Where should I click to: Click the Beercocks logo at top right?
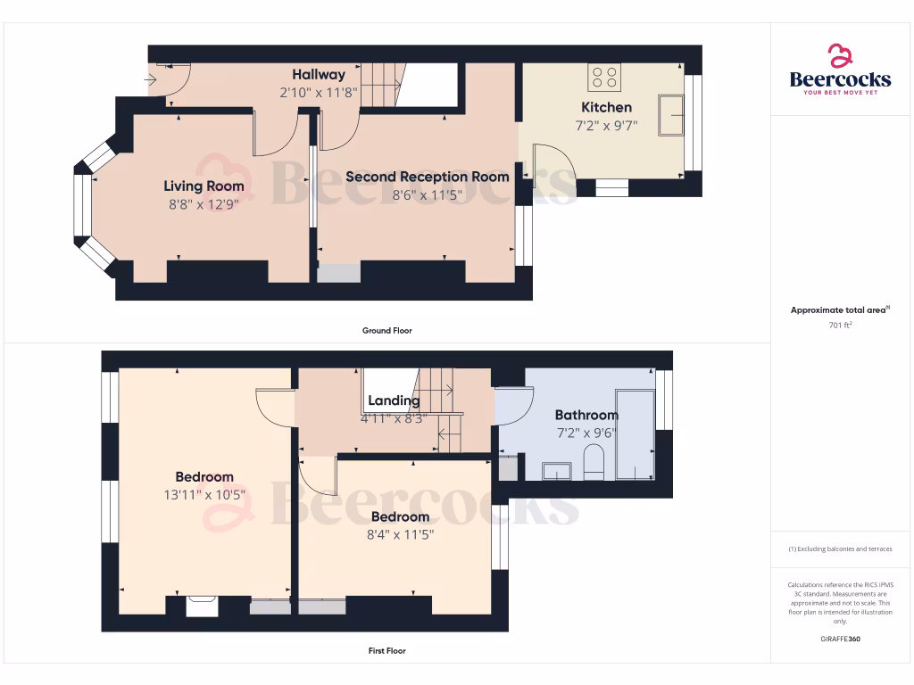pos(840,70)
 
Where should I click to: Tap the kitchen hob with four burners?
pos(604,78)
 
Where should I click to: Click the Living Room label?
pos(204,186)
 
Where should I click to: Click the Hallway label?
pos(319,75)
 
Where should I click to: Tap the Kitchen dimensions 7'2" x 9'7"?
pos(606,126)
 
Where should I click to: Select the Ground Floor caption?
pos(386,331)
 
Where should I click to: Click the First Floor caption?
pos(386,651)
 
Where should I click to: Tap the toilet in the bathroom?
pos(593,463)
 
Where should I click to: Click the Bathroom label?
pos(586,415)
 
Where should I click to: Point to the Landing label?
pos(394,400)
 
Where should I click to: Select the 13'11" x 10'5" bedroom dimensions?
pos(204,495)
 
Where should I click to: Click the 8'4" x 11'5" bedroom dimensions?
pos(400,535)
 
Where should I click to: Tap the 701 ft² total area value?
pos(840,326)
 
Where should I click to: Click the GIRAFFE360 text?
pos(840,640)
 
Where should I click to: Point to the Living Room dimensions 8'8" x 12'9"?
pos(204,203)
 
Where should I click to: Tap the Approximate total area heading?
pos(840,310)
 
